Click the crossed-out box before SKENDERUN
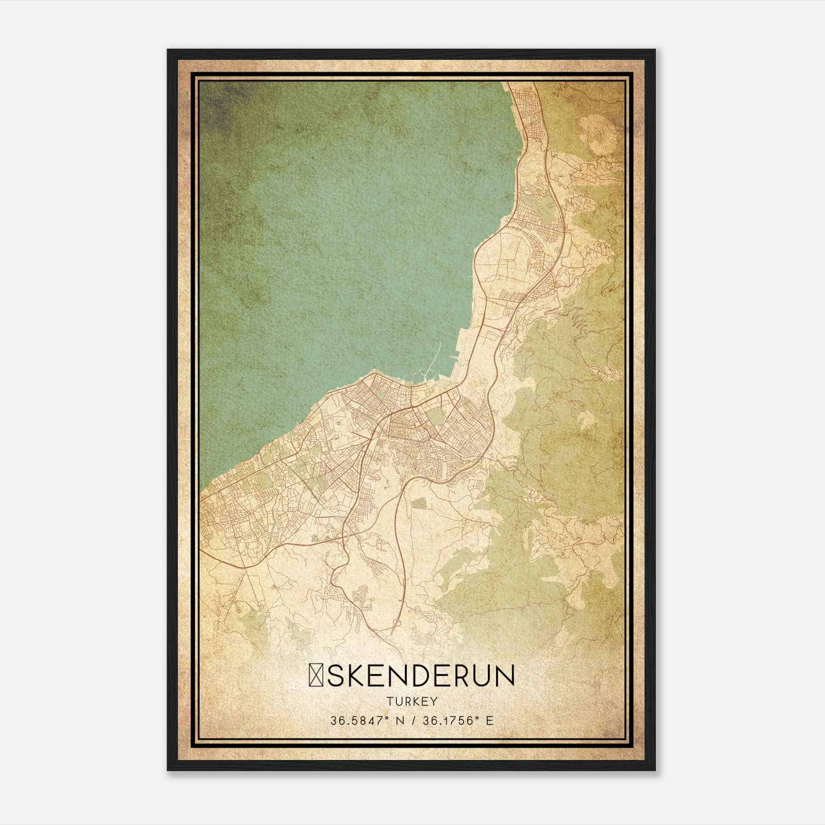[x=316, y=676]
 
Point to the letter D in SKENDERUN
[x=426, y=676]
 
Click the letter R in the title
[x=467, y=676]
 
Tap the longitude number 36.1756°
[x=449, y=720]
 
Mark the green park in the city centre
[x=436, y=416]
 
